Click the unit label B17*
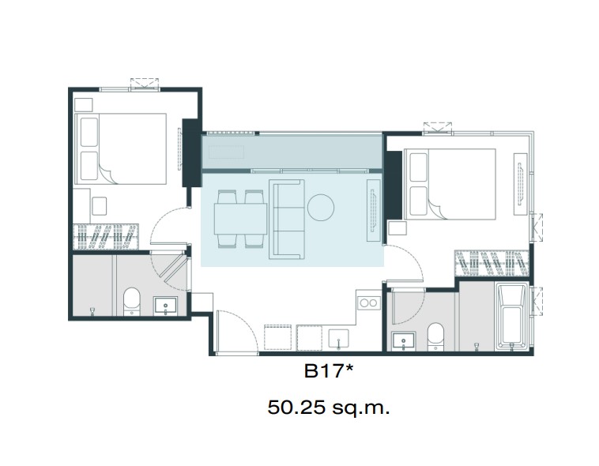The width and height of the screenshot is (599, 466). point(329,371)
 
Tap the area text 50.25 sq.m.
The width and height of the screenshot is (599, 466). point(329,408)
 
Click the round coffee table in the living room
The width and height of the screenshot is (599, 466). point(321,208)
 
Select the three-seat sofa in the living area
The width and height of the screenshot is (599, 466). point(287,220)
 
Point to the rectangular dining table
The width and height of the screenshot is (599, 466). point(240,219)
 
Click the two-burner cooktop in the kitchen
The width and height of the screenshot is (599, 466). point(368,303)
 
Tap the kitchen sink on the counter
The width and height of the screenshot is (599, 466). point(338,338)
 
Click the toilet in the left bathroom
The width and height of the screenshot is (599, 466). point(132,302)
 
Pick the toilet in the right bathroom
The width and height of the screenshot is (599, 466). point(435,336)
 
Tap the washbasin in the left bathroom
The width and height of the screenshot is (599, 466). point(165,306)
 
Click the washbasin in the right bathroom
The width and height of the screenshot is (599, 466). point(404,340)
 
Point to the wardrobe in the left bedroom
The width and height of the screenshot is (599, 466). point(106,237)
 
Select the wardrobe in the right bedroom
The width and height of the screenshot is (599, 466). point(492,264)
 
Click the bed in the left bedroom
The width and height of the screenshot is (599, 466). point(121,148)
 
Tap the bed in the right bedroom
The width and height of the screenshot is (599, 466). point(450,184)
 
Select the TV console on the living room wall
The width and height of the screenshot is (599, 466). point(374,210)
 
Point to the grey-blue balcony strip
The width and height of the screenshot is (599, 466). point(292,152)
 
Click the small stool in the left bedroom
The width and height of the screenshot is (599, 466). point(100,206)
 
